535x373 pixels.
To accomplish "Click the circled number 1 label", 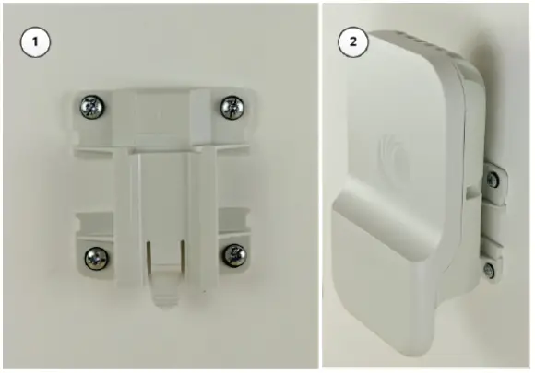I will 35,42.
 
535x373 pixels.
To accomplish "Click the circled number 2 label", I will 351,42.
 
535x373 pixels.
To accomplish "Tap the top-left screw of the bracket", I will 92,107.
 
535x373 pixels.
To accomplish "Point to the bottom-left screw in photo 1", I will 93,256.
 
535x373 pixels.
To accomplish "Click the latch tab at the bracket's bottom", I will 161,291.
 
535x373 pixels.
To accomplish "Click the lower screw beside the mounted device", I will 489,269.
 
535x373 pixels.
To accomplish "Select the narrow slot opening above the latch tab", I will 162,249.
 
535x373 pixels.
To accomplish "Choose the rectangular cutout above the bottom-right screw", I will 231,221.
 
